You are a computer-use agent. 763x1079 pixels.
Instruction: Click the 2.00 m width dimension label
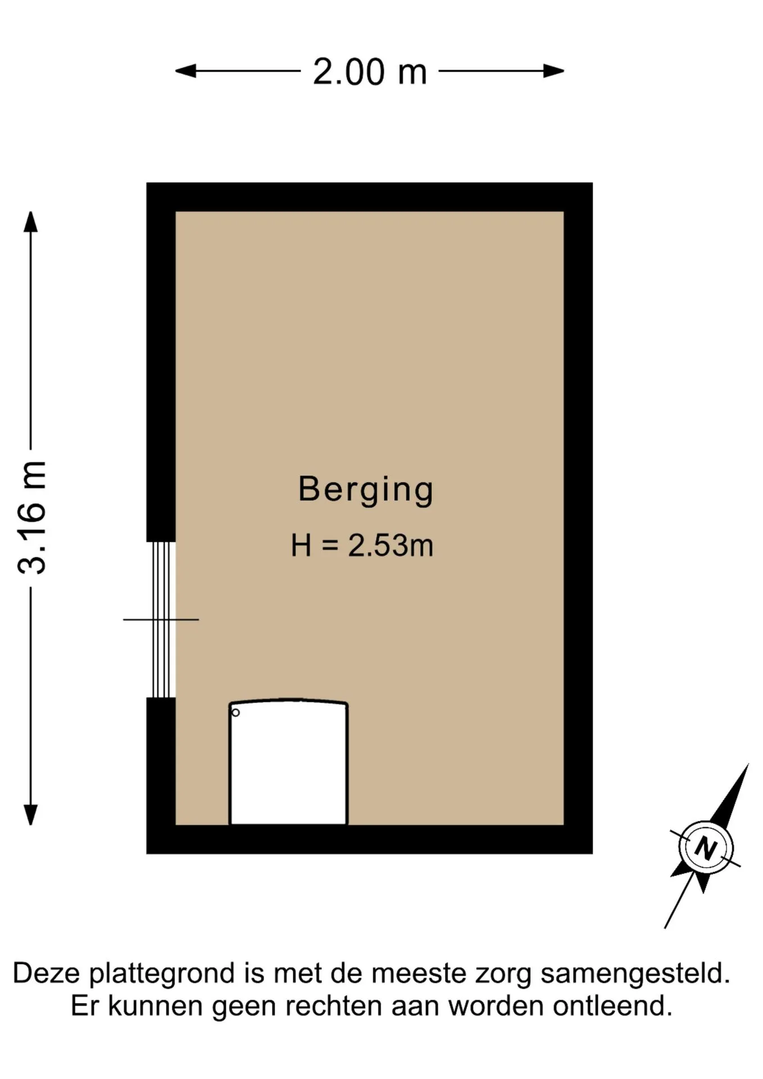pos(370,72)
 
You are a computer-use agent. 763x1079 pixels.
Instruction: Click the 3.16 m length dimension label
pos(31,518)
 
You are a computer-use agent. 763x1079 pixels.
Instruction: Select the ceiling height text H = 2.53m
pos(362,545)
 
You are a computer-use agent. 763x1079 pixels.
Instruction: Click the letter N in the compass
pos(706,848)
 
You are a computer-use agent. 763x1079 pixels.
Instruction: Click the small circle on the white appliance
pos(235,713)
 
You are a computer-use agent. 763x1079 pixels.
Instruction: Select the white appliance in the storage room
pos(288,762)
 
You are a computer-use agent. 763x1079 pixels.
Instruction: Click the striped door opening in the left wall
pos(162,619)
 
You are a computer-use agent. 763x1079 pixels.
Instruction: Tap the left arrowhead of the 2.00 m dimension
pos(185,71)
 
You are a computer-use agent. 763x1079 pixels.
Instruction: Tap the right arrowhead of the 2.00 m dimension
pos(554,71)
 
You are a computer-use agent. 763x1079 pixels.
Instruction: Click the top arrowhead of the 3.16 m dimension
pos(31,221)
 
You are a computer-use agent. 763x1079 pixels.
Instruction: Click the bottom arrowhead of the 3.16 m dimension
pos(31,815)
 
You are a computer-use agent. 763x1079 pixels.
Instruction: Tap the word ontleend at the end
pos(612,1006)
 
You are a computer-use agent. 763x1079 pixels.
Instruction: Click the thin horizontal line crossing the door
pos(161,619)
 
